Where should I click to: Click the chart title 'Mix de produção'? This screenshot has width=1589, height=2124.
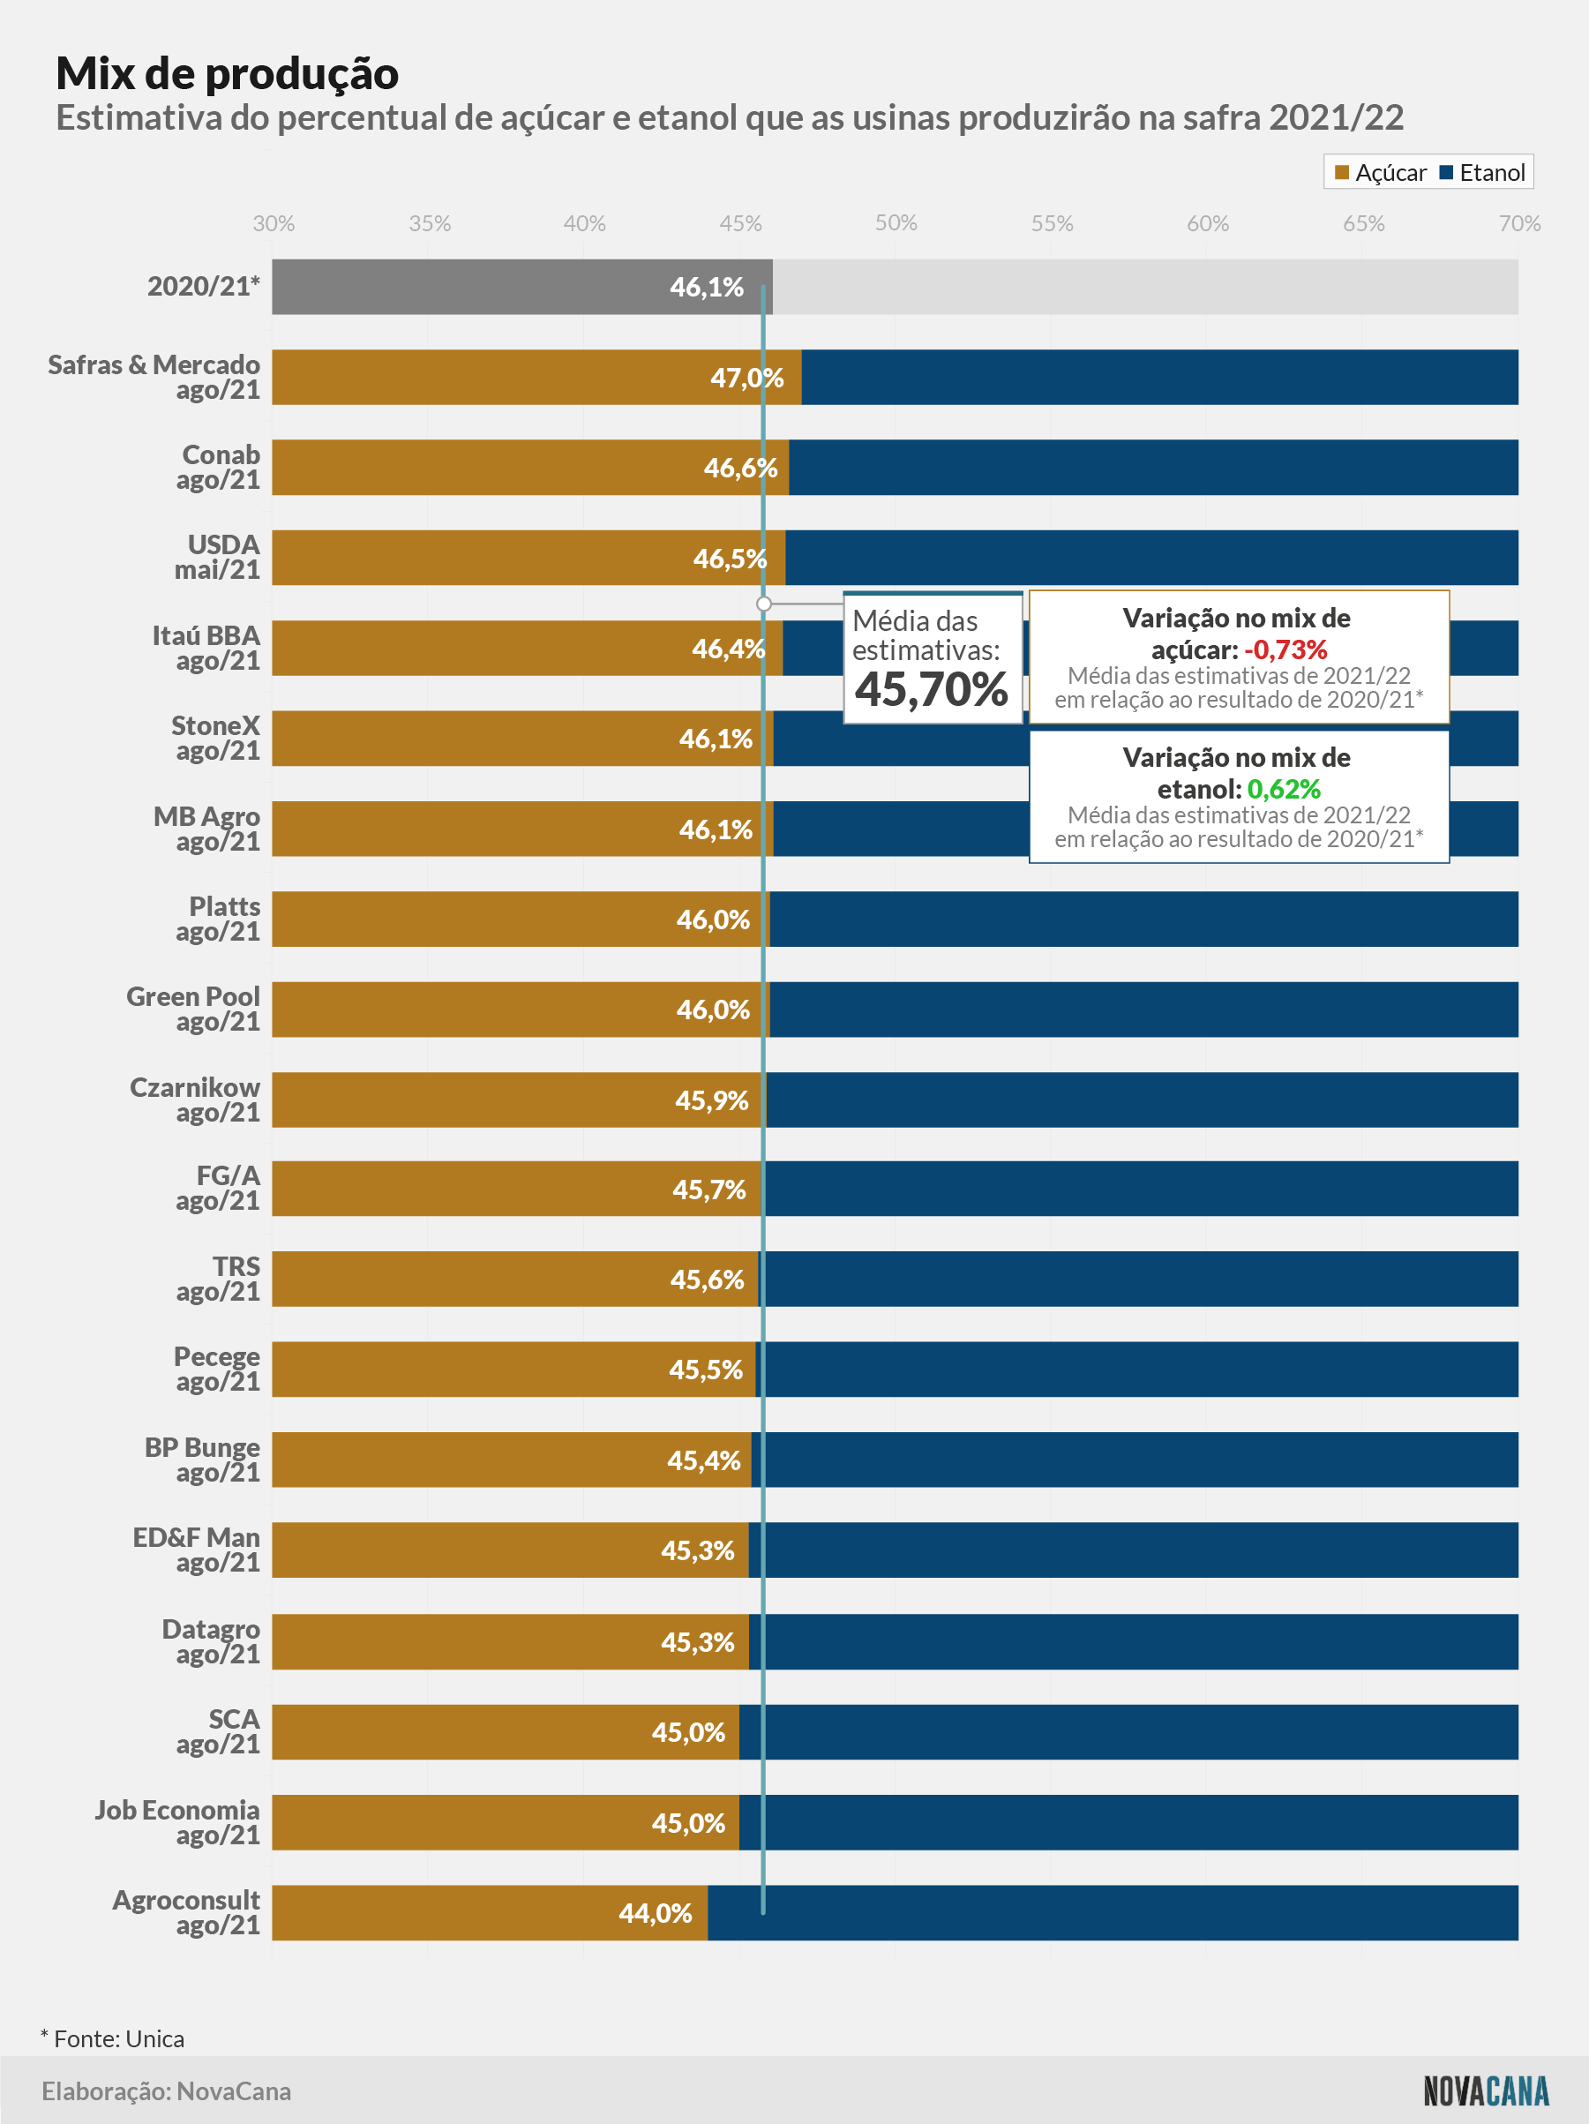point(228,74)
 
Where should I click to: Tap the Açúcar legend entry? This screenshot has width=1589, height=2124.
point(1381,173)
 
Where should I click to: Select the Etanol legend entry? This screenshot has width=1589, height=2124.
point(1482,173)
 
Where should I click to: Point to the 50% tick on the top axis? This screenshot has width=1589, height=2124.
point(896,222)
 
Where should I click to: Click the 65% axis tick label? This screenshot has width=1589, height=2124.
point(1363,222)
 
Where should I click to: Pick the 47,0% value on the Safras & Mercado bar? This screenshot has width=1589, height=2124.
point(747,378)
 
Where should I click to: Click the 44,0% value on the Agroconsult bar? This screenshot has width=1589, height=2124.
point(655,1913)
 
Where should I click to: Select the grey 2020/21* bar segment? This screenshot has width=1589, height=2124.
point(522,286)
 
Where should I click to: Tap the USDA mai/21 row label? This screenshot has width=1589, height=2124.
point(217,557)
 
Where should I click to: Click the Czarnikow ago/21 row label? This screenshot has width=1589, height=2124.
point(195,1100)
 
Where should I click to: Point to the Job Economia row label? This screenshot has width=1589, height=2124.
point(177,1822)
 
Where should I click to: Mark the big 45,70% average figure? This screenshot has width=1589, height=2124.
point(932,688)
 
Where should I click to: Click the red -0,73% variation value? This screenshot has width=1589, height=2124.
point(1285,650)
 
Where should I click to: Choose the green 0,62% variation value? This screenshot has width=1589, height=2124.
point(1284,789)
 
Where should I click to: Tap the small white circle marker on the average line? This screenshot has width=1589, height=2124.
point(764,604)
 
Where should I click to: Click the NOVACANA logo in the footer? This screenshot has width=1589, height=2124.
point(1487,2090)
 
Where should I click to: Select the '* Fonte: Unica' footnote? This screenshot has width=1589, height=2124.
point(112,2038)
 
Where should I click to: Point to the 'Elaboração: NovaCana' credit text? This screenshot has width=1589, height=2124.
point(166,2090)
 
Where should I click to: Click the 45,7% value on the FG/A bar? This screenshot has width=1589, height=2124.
point(708,1190)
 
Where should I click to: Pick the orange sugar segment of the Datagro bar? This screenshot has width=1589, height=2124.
point(511,1642)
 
